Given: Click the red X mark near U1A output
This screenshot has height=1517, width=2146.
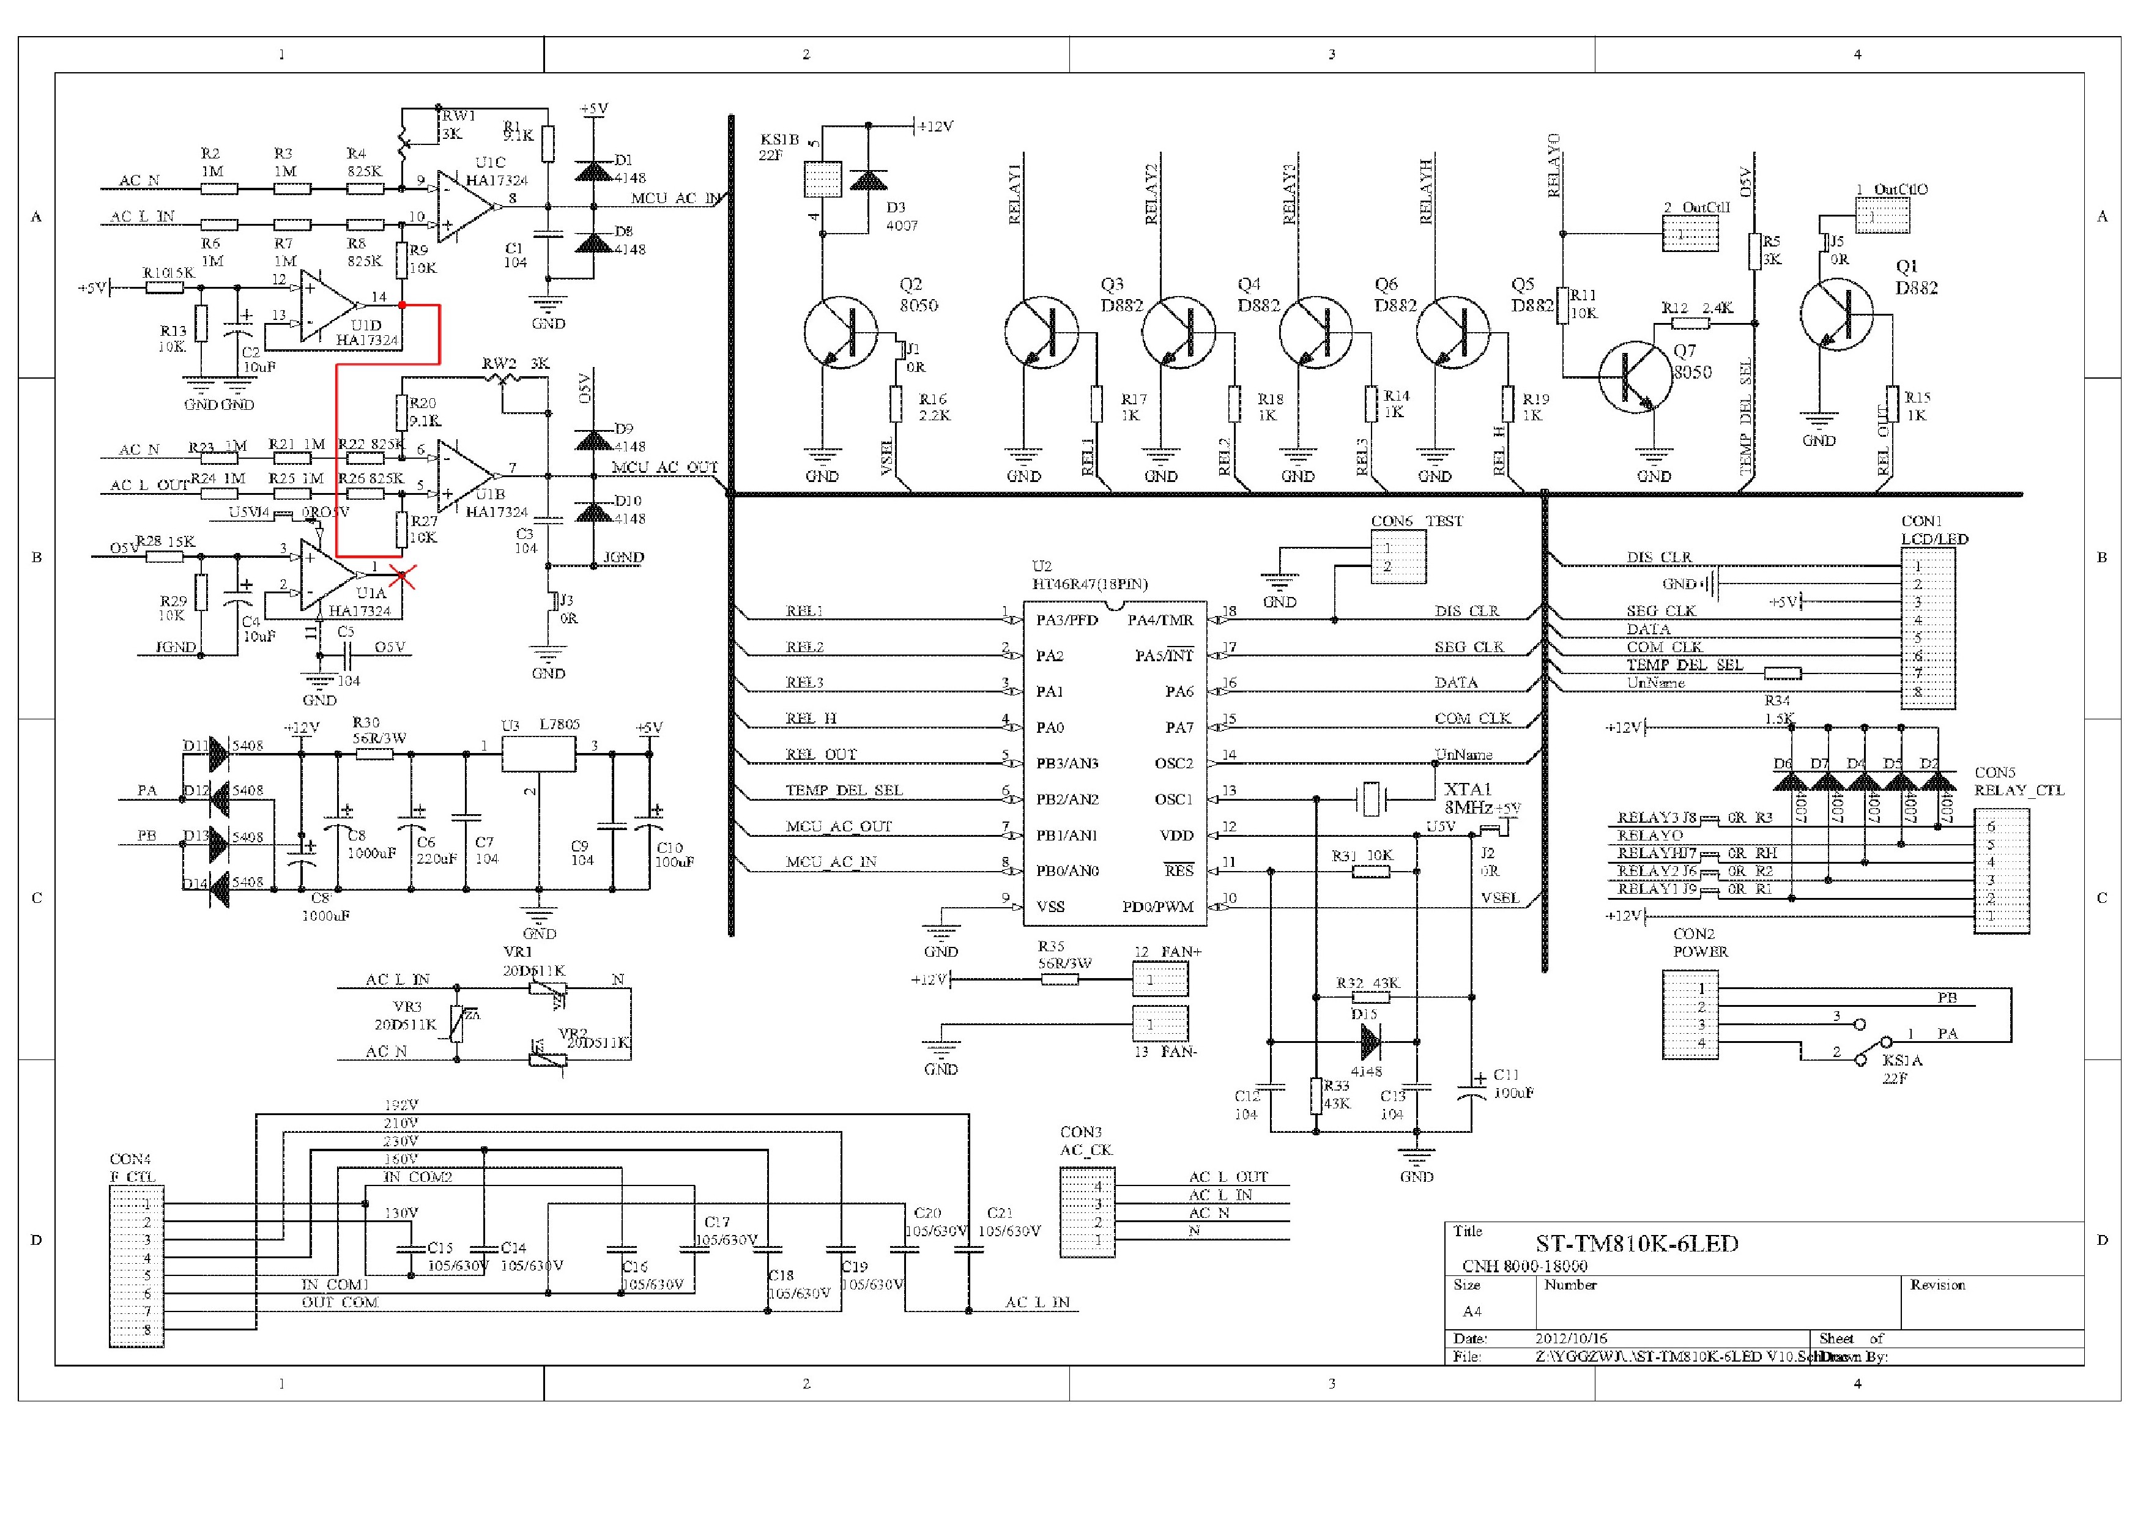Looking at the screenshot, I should coord(403,577).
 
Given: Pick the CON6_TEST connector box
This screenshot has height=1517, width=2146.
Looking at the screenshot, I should coord(1398,557).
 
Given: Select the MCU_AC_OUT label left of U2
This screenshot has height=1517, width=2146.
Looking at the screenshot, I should coord(839,826).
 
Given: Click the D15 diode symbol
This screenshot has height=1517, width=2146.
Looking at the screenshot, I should coord(1370,1040).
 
